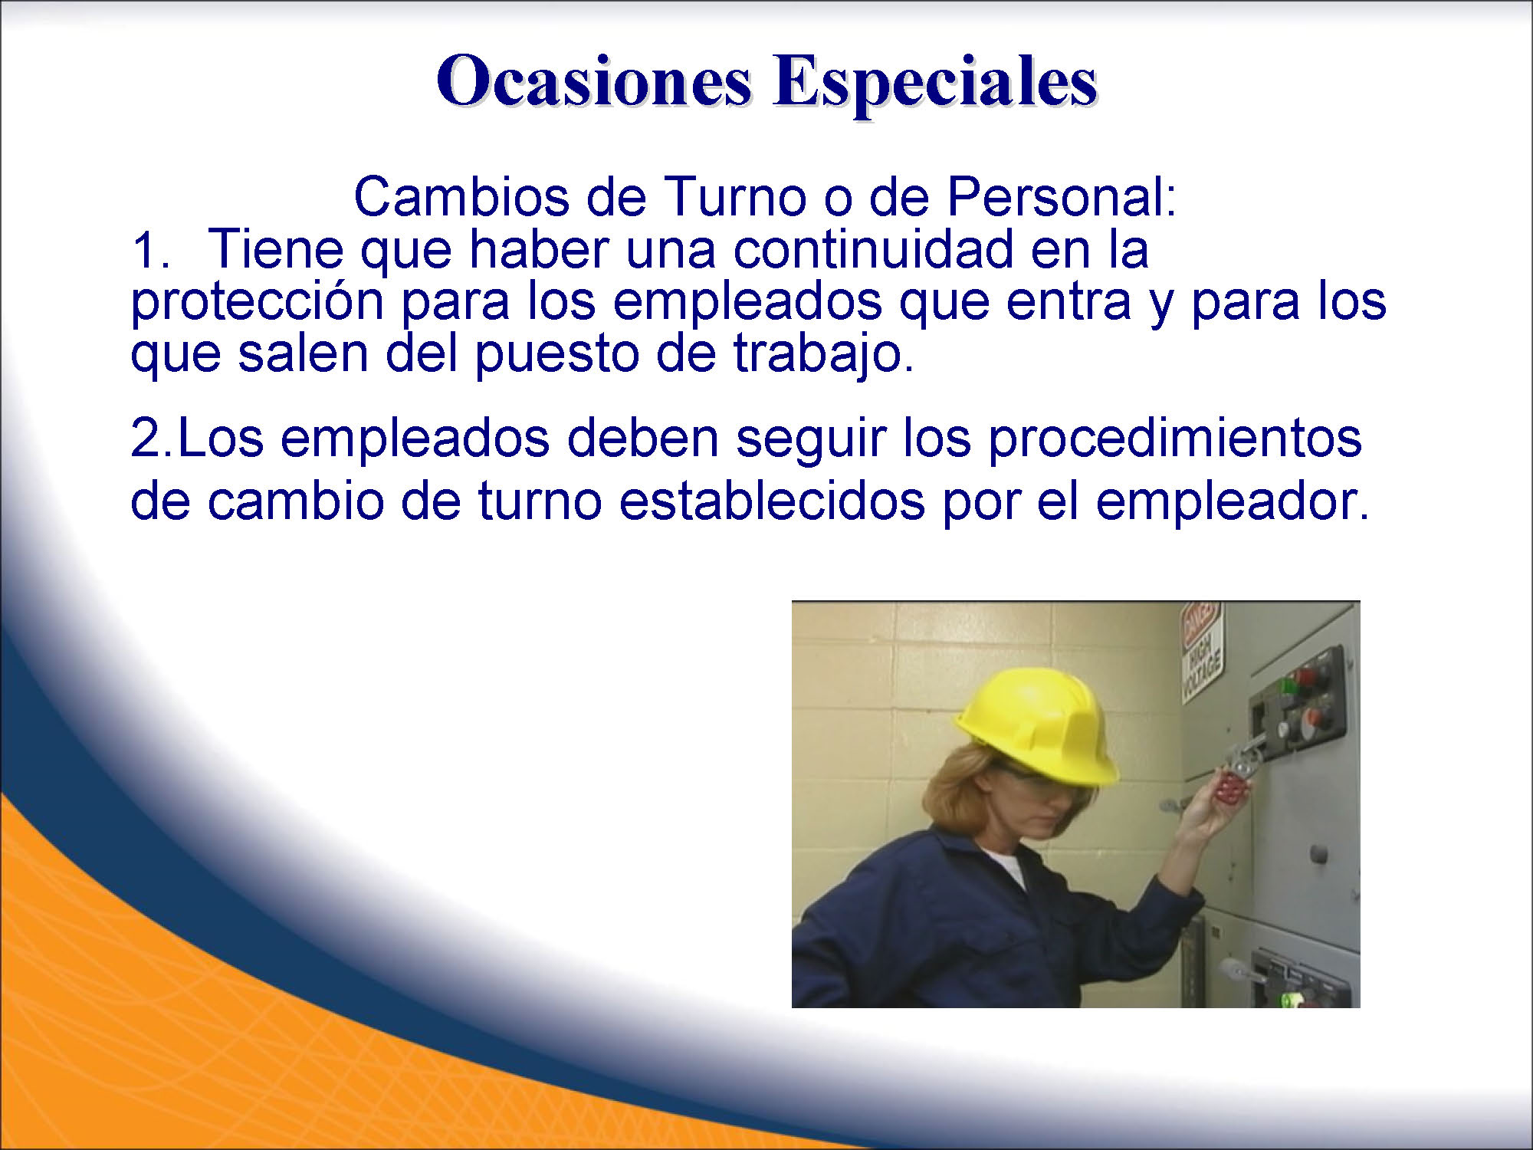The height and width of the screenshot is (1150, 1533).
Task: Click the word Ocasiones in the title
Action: (594, 80)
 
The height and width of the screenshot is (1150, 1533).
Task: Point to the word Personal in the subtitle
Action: (1062, 197)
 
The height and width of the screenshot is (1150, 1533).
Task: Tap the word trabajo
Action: (824, 354)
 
